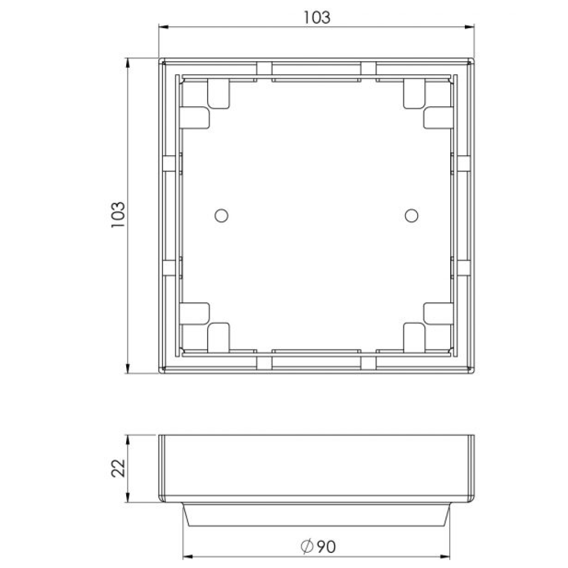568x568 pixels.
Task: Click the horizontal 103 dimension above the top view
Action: (317, 17)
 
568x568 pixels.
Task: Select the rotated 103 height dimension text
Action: (118, 215)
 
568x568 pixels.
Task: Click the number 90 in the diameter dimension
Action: (326, 546)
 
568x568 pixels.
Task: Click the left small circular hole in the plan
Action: (221, 215)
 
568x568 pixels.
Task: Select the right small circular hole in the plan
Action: (412, 215)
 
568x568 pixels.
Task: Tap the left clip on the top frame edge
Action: (264, 68)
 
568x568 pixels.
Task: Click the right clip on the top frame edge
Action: (368, 68)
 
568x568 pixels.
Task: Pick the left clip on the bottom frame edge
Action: (264, 362)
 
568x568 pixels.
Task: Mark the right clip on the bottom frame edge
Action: (368, 362)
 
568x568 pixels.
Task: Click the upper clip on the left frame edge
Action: (170, 163)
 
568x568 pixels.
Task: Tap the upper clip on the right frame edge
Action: (463, 163)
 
